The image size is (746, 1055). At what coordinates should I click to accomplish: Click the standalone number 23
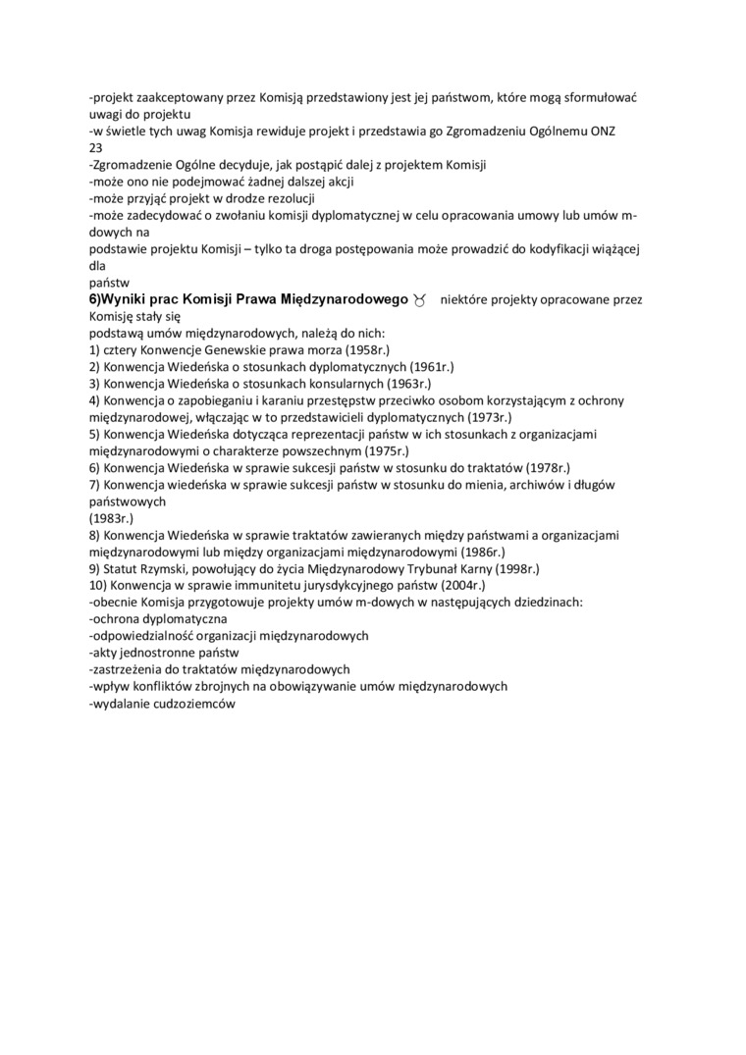point(95,147)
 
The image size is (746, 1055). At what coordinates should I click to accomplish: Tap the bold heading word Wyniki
point(125,298)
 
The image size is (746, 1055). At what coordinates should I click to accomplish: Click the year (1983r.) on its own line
point(111,518)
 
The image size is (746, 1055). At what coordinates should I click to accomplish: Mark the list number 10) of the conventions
point(99,585)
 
